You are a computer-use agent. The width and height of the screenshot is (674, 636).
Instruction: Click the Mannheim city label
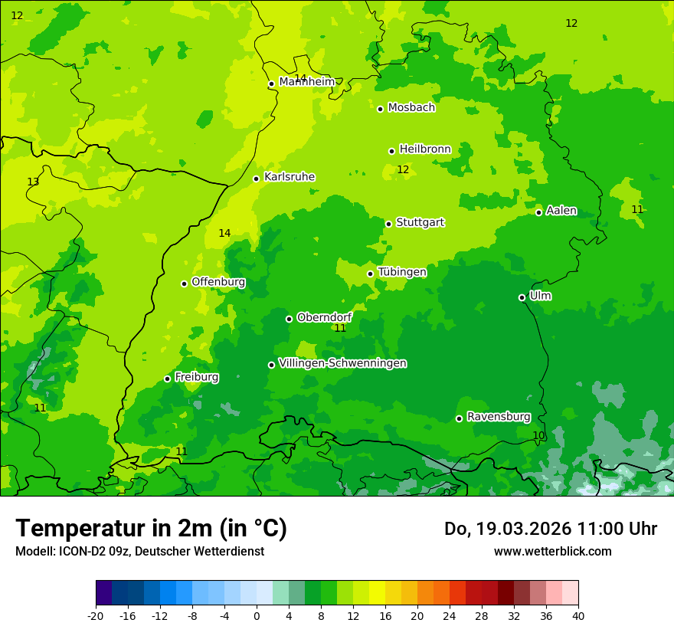(306, 82)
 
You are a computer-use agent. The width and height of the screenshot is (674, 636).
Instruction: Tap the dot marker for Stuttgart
(389, 224)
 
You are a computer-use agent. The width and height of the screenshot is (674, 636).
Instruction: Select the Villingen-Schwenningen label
(342, 363)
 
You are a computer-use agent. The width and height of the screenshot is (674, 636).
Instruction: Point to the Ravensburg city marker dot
(460, 418)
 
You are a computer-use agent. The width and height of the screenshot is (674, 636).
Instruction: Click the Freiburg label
(197, 377)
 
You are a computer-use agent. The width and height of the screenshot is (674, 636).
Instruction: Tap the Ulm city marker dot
(522, 297)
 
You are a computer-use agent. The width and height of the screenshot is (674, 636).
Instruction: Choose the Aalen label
(561, 211)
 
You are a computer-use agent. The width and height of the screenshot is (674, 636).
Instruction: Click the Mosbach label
(411, 108)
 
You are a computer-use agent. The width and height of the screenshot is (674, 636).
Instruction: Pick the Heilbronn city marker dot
(392, 151)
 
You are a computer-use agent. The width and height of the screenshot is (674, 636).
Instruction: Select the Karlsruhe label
(290, 177)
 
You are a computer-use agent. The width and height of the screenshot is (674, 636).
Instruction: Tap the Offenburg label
(218, 282)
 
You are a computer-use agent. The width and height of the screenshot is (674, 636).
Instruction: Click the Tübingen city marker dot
(371, 274)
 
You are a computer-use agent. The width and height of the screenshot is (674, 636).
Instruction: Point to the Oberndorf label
(325, 317)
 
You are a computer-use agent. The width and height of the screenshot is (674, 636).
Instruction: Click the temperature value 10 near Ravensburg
(539, 435)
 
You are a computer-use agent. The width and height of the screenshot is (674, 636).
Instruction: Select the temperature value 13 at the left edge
(33, 182)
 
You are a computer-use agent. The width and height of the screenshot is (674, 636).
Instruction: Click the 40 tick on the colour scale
(577, 615)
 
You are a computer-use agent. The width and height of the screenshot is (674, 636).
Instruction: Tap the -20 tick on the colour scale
(96, 615)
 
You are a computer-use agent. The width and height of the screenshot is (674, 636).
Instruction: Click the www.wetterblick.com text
(552, 551)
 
